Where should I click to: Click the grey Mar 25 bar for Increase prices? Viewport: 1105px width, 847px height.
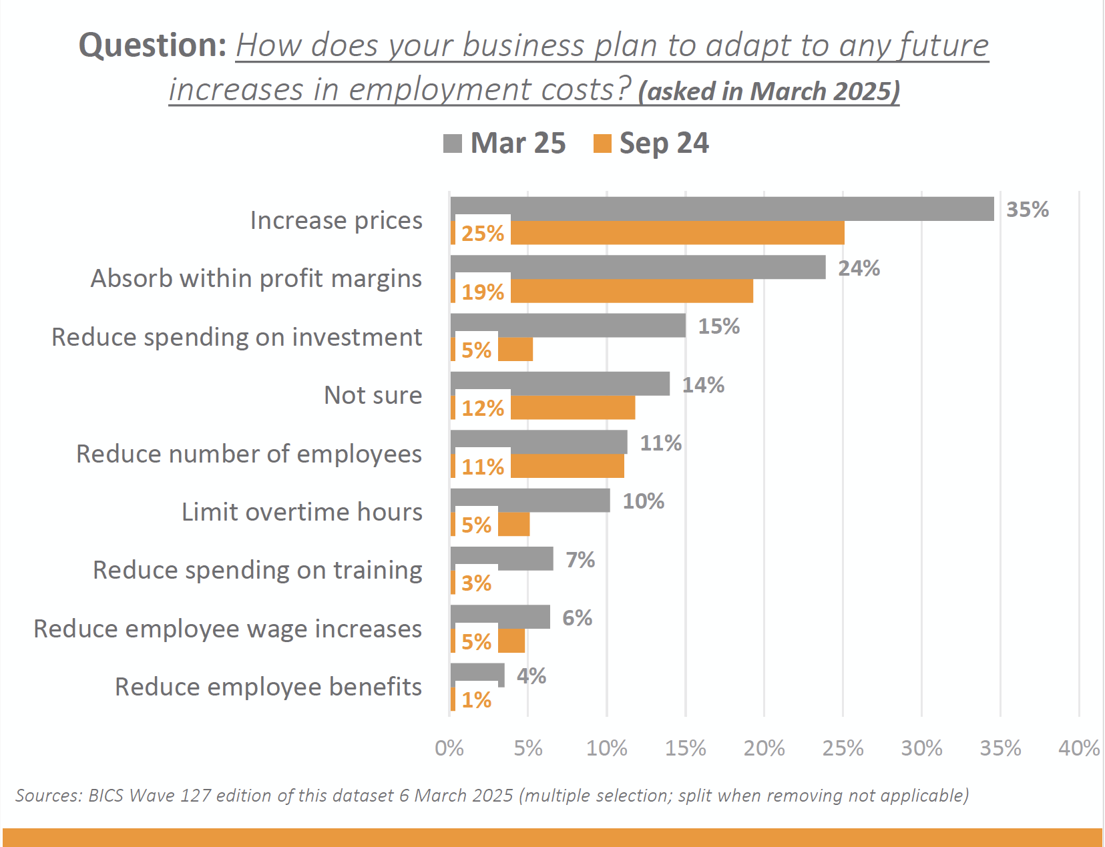pos(721,209)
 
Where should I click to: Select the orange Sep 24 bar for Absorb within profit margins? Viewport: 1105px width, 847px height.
pos(631,291)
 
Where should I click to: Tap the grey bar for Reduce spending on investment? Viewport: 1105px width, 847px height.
pos(568,325)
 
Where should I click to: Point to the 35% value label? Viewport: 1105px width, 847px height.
pos(1027,210)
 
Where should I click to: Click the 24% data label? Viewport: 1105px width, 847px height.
pos(859,268)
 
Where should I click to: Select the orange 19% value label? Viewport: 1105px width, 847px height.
pos(482,292)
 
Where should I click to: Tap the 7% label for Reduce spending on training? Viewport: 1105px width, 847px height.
pos(580,560)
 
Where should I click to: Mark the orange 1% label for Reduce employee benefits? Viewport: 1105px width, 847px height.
pos(476,700)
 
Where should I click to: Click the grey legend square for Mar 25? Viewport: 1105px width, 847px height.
pos(452,144)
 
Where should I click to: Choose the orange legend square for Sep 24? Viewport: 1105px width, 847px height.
pos(602,144)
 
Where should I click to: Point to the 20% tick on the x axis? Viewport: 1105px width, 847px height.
pos(764,748)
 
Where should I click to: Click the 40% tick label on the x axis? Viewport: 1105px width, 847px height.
pos(1078,748)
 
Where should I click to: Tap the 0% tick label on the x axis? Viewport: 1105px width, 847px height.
pos(449,748)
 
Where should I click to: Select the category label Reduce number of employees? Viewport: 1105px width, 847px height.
pos(249,454)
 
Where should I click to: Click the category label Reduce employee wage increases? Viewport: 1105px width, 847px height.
pos(228,629)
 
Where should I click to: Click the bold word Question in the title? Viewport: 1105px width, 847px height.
pos(153,45)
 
